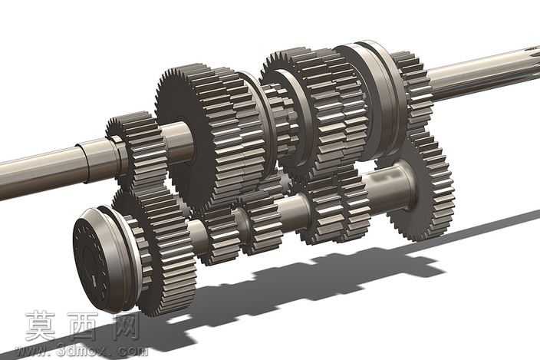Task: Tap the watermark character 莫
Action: point(41,325)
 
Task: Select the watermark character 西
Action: point(82,325)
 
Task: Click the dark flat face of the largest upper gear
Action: point(184,138)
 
